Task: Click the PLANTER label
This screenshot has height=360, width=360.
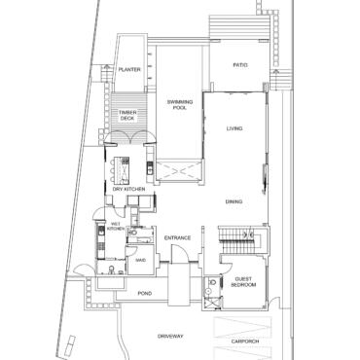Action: [129, 70]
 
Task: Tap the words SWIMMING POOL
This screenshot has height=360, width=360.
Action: [178, 104]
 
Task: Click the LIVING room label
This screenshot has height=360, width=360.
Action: [234, 129]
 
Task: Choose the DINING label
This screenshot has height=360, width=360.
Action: [234, 201]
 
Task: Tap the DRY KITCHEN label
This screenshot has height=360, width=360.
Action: [127, 188]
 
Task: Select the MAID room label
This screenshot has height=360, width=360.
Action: [140, 261]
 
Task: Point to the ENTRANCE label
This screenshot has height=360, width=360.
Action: [177, 238]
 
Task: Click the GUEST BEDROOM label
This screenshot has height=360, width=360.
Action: [243, 284]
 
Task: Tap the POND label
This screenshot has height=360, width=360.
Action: [145, 293]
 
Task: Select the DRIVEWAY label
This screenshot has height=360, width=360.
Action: [170, 336]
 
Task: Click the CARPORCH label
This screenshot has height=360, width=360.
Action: [246, 341]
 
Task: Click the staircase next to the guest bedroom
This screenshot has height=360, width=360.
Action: [231, 236]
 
